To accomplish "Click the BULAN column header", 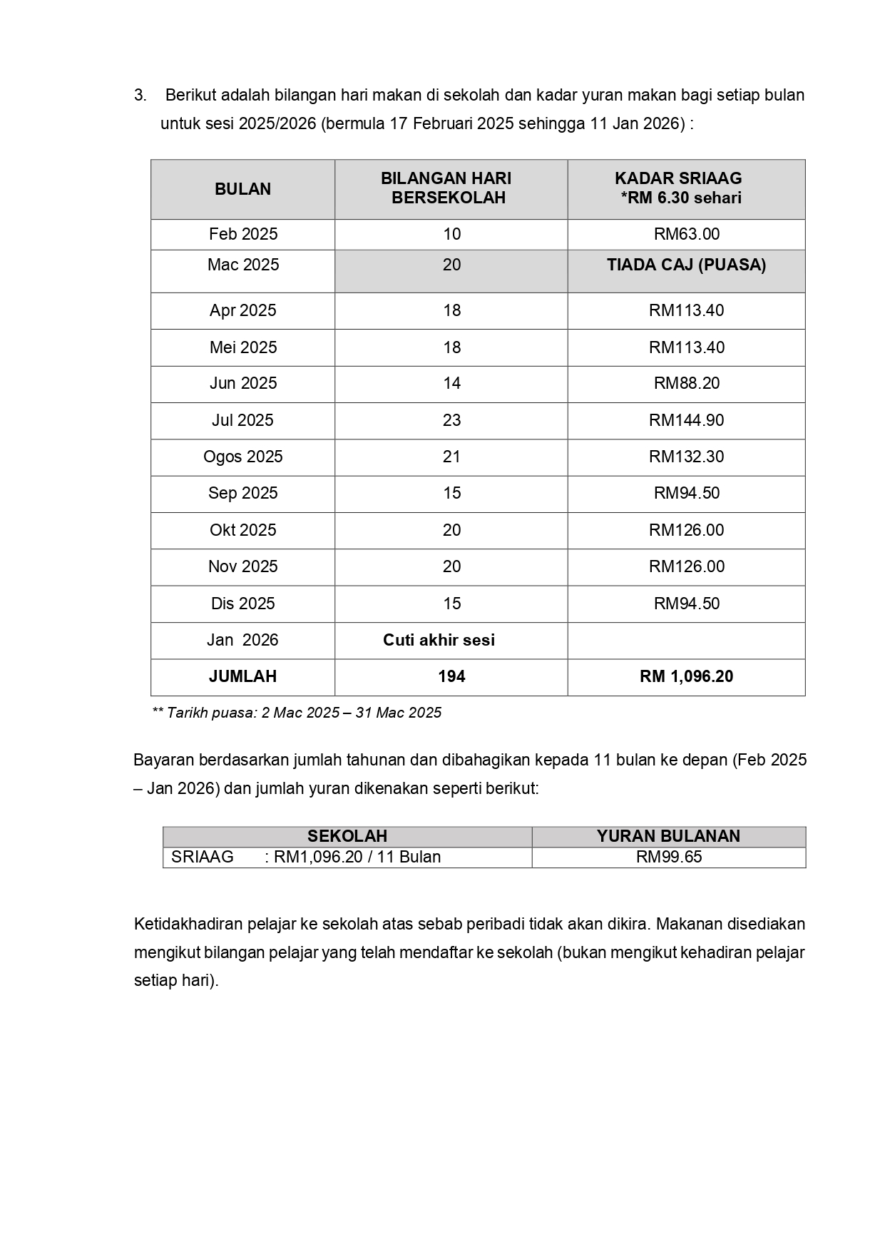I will coord(242,189).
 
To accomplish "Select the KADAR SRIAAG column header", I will coord(679,188).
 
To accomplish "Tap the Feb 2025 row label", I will coord(242,234).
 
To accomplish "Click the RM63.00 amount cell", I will coord(686,234).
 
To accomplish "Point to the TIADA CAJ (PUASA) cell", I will coord(686,265).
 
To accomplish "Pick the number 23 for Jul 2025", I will coord(451,420).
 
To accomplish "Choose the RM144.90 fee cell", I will coord(686,420).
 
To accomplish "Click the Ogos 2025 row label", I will coord(242,457).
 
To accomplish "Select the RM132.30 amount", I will coord(686,457).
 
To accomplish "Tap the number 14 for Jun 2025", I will coord(451,383).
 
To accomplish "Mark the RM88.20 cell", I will coord(686,383).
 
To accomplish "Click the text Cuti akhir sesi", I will coord(439,640).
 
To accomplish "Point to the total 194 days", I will coord(451,676).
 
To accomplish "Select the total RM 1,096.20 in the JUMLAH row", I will coord(686,676).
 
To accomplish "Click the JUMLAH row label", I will coord(242,676).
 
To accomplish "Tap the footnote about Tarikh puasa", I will coord(297,713).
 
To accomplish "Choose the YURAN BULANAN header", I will coord(668,836).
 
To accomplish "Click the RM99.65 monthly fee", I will coord(668,857).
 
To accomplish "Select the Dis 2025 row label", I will coord(242,604).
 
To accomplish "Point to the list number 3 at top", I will coord(140,96).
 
